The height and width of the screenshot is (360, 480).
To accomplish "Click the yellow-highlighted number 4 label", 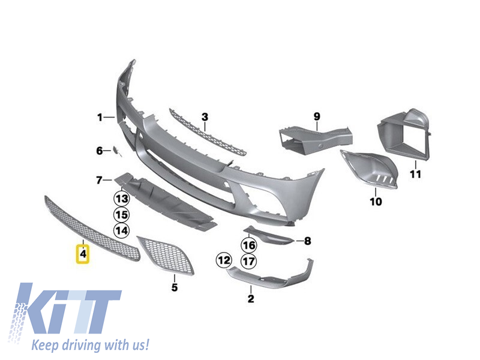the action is tap(83, 254).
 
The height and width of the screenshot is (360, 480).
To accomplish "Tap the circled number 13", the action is tap(122, 199).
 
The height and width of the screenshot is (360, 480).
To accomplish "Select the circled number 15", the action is tap(122, 215).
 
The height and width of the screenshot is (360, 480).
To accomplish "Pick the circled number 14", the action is tap(122, 230).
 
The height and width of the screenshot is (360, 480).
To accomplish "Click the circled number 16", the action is tap(249, 245).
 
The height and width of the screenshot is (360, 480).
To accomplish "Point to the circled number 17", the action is tap(249, 261).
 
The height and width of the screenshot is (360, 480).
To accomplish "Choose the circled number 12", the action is tap(224, 260).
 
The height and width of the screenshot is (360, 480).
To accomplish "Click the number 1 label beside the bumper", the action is tap(100, 117).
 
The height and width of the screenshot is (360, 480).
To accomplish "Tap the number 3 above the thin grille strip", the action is tap(205, 117).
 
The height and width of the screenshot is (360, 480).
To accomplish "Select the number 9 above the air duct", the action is tap(317, 116).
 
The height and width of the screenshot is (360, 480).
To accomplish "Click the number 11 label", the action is tap(415, 174).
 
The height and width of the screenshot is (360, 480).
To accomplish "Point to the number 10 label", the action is tap(376, 202).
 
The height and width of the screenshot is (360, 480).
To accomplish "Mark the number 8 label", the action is tap(308, 241).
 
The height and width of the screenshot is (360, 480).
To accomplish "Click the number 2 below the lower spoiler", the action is tap(251, 298).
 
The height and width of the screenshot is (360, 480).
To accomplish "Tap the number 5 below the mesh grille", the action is tap(175, 287).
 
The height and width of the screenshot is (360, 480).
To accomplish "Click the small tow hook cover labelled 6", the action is tap(116, 151).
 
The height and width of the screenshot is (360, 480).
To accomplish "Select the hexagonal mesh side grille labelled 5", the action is tap(166, 256).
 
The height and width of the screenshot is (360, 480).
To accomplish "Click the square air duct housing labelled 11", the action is tap(403, 134).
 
